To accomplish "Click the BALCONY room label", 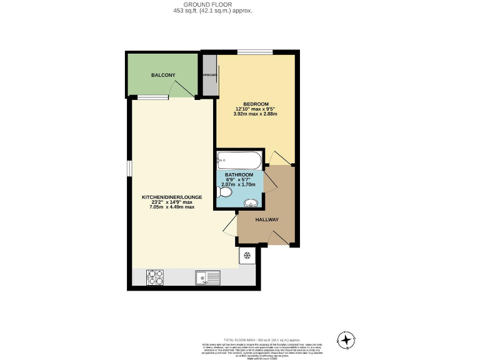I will tap(163, 75).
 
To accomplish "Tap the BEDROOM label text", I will tap(256, 103).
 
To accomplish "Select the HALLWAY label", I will tap(267, 219).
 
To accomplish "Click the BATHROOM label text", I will tap(239, 174).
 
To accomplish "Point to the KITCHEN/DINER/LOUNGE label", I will tap(172, 197).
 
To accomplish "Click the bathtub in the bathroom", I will tap(239, 159).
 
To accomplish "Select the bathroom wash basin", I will tap(251, 203).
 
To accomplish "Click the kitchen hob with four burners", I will tap(155, 277).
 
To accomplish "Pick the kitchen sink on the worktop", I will tap(207, 277).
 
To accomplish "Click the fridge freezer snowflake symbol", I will tap(246, 255).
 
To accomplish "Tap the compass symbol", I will tap(345, 339).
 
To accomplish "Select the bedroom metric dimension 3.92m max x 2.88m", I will tap(256, 114).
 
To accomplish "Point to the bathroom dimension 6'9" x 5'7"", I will tap(239, 180).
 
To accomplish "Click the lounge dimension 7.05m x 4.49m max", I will tap(172, 207).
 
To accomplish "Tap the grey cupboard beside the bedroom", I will tap(209, 75).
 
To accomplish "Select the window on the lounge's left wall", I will tap(129, 168).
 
